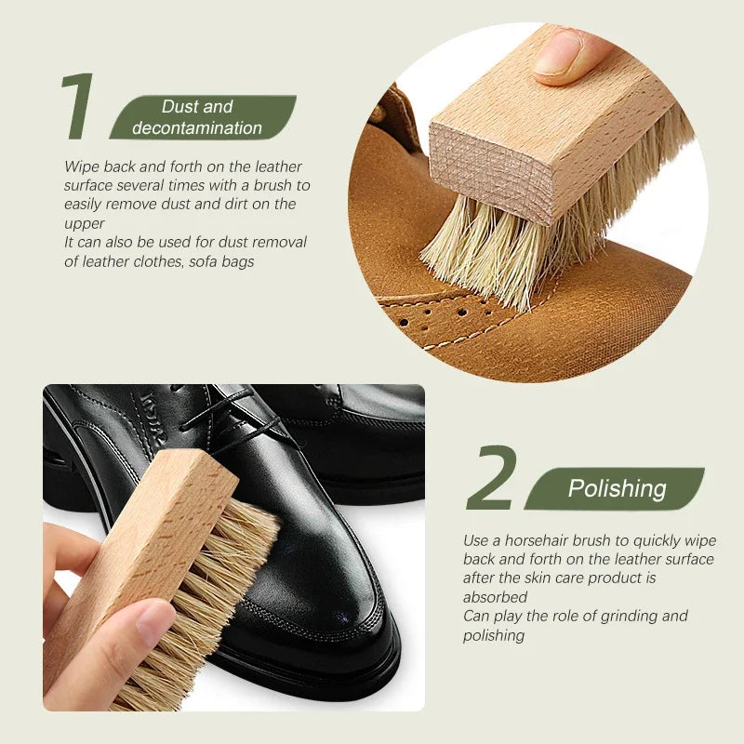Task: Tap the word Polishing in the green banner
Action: coord(617,488)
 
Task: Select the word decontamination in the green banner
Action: coord(197,128)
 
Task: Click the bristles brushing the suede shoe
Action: coord(484,251)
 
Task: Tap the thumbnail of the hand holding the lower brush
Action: coord(155,621)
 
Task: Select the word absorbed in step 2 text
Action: coord(495,597)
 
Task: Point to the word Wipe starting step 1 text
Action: coord(81,166)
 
